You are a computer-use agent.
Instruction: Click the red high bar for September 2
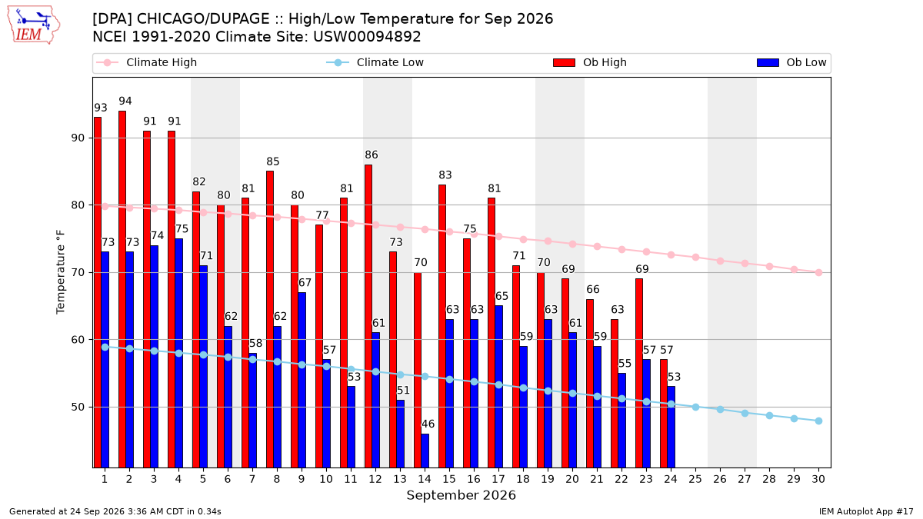(122, 289)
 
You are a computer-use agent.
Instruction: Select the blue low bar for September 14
(425, 451)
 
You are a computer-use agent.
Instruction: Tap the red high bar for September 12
(368, 316)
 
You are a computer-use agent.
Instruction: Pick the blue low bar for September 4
(178, 353)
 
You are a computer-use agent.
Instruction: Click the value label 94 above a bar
(125, 101)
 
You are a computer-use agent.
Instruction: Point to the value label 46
(428, 424)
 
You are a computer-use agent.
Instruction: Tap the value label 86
(372, 155)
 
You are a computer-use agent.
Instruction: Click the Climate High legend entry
(147, 62)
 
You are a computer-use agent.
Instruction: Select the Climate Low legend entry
(375, 62)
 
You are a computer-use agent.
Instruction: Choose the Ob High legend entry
(590, 62)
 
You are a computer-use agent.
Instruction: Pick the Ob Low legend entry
(791, 62)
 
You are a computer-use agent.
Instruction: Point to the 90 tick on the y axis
(78, 138)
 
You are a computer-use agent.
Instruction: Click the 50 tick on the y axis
(78, 407)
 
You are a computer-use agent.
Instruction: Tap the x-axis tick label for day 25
(695, 479)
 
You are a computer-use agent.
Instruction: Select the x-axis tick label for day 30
(818, 479)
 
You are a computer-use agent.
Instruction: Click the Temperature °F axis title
(61, 272)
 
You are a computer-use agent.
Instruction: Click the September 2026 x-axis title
(461, 495)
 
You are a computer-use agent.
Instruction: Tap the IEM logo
(34, 25)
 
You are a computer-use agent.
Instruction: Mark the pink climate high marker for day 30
(818, 273)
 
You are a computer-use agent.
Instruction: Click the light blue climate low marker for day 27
(745, 413)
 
